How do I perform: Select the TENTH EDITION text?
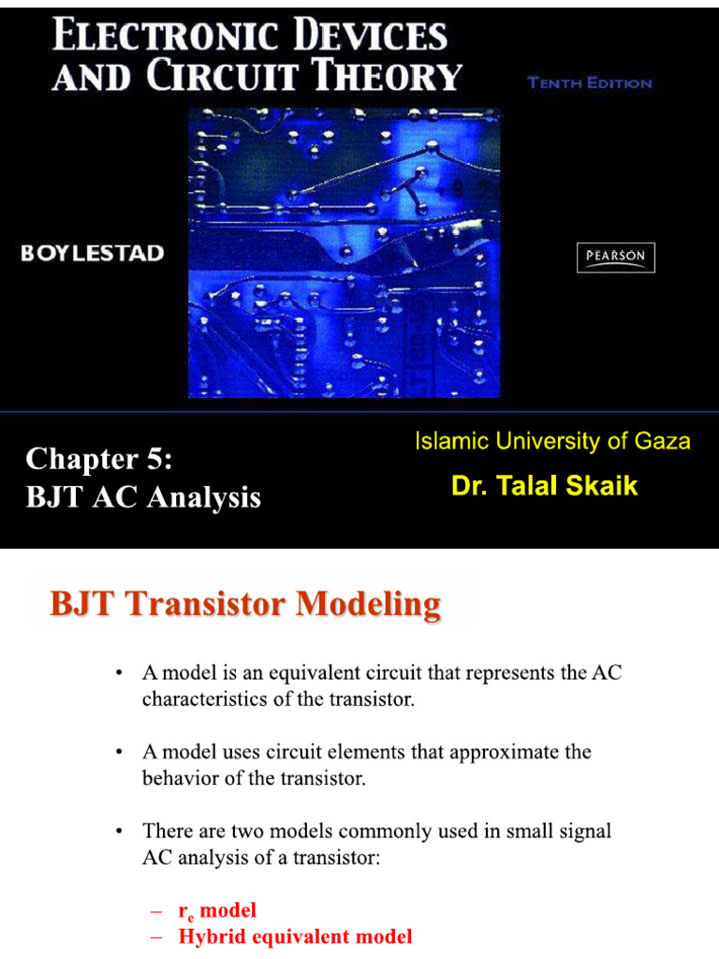590,82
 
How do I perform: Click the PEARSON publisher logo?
615,258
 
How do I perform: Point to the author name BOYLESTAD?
94,254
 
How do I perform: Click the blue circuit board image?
345,253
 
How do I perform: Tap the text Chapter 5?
100,459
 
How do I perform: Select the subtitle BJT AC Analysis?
143,497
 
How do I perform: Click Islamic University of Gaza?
552,441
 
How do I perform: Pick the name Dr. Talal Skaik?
544,486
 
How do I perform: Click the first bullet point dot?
118,673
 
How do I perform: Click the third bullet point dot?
118,831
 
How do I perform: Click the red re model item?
216,910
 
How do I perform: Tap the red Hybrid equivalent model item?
294,937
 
